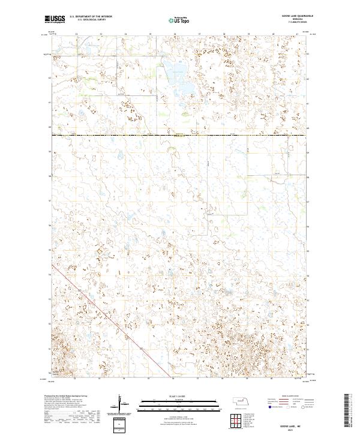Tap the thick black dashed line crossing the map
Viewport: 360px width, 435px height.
(180, 135)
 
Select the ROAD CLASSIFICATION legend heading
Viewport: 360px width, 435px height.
(293, 397)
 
